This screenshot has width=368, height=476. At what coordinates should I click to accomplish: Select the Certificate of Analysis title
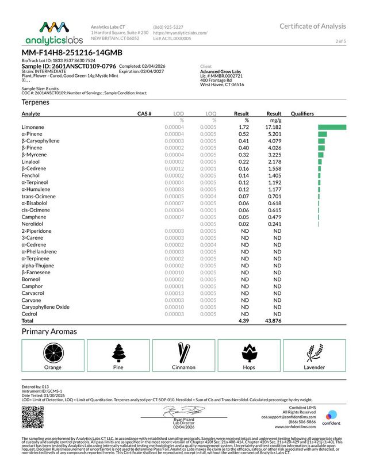tap(313, 26)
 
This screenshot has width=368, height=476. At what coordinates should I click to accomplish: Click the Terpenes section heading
tap(35, 102)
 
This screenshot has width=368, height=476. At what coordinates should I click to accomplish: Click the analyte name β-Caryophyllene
tap(39, 141)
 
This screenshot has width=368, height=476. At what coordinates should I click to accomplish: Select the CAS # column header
tap(144, 114)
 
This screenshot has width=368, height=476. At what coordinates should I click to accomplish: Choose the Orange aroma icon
tap(52, 351)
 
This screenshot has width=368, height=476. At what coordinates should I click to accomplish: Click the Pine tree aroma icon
tap(118, 351)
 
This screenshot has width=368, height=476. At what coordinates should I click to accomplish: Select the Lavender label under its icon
tap(315, 367)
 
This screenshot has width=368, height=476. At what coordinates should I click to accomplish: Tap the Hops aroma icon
tap(249, 351)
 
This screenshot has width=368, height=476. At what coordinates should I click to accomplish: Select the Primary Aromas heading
tap(49, 332)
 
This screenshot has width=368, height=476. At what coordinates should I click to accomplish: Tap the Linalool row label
tap(32, 162)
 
